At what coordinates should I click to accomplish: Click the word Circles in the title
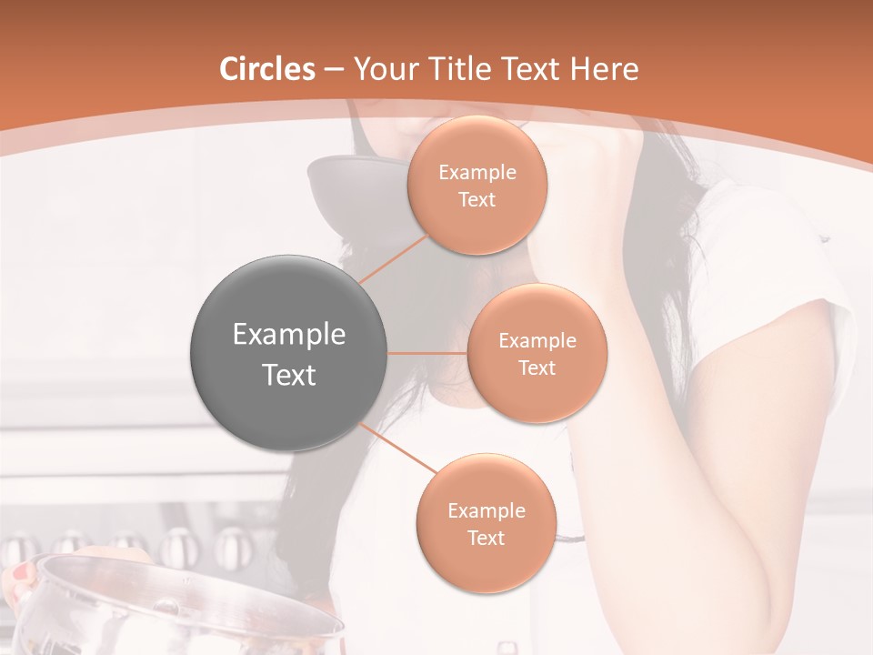[x=267, y=69]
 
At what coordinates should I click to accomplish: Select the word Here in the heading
[x=605, y=69]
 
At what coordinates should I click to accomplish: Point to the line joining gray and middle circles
[x=427, y=353]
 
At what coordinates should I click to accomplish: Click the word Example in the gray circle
[x=289, y=335]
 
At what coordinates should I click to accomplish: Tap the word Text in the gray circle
[x=289, y=375]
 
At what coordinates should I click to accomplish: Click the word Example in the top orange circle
[x=477, y=173]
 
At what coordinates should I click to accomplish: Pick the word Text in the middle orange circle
[x=537, y=368]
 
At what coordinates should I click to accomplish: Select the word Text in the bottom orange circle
[x=486, y=539]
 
